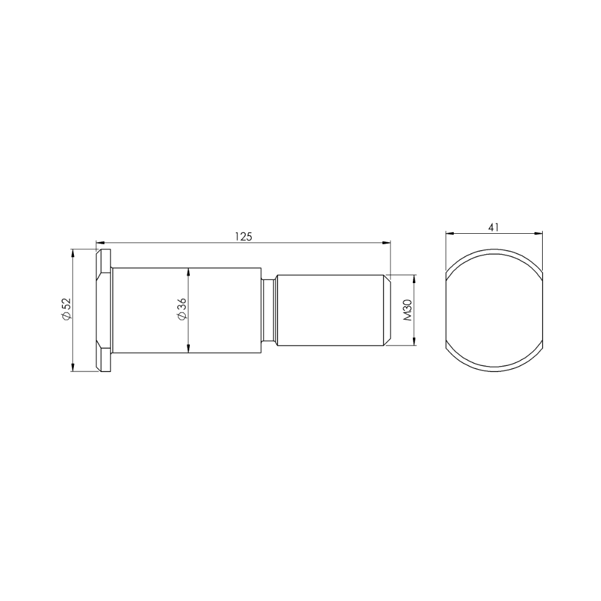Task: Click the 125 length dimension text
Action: [x=243, y=236]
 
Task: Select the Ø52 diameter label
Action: [x=66, y=309]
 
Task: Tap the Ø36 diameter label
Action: [x=182, y=309]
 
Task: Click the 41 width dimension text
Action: [x=493, y=227]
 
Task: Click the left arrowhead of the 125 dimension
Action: [x=100, y=242]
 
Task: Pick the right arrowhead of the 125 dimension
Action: [x=386, y=242]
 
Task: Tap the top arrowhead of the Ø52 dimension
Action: [x=72, y=254]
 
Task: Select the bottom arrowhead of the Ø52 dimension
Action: [x=72, y=367]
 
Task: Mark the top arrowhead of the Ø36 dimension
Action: [x=188, y=272]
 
